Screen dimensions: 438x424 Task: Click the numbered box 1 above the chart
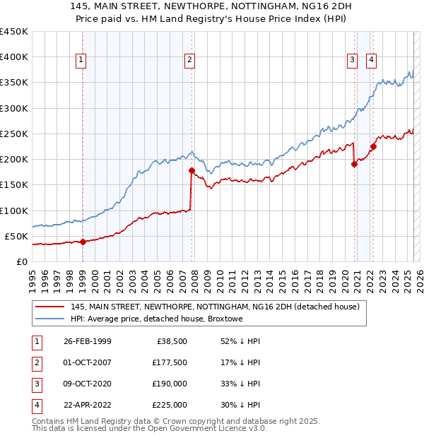tap(82, 60)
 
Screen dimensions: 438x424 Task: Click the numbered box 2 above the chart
tap(190, 60)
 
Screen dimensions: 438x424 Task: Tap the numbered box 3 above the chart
tap(352, 60)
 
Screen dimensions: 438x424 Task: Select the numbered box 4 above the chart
tap(371, 60)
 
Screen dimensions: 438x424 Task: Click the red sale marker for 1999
tap(83, 242)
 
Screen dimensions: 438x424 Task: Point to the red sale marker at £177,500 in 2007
tap(192, 170)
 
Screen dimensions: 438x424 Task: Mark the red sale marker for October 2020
tap(354, 164)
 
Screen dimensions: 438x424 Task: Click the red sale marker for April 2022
tap(373, 146)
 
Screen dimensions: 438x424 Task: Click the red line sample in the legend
tap(49, 307)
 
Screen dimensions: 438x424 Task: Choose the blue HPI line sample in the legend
tap(49, 319)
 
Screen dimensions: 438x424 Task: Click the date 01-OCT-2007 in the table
tap(87, 362)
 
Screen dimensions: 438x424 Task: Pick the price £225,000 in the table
tap(170, 405)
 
